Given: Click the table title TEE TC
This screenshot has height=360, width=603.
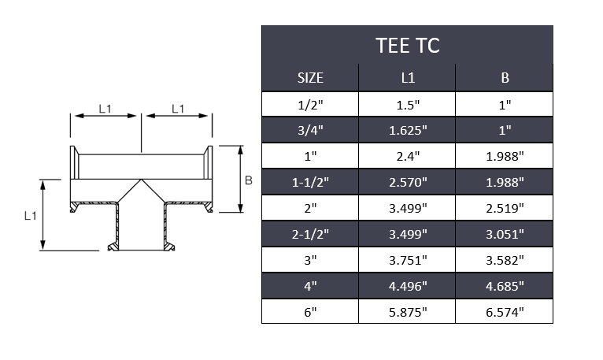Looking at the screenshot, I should pyautogui.click(x=407, y=46).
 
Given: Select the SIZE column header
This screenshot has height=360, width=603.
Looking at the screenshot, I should pyautogui.click(x=310, y=79).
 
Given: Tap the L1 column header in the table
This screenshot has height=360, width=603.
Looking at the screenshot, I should pyautogui.click(x=407, y=79).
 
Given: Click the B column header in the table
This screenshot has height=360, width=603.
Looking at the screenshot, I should pyautogui.click(x=505, y=79).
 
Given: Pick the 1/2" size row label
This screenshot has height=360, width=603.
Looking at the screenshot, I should pyautogui.click(x=310, y=104).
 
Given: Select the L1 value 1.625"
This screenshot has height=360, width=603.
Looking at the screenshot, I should pyautogui.click(x=407, y=129).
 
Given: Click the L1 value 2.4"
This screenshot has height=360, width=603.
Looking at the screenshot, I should pyautogui.click(x=407, y=156).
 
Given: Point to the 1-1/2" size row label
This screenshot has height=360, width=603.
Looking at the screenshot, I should pyautogui.click(x=310, y=182).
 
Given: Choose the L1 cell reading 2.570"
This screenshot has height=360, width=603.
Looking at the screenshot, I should pyautogui.click(x=407, y=182).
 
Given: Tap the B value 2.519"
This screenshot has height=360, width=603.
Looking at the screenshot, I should pyautogui.click(x=505, y=208).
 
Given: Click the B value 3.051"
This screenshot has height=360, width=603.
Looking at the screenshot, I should pyautogui.click(x=505, y=234).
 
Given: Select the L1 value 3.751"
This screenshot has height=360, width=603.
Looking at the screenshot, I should pyautogui.click(x=407, y=260).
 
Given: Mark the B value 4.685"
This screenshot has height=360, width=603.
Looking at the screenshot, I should pyautogui.click(x=505, y=286).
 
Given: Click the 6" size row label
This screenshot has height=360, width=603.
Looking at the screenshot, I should pyautogui.click(x=310, y=312).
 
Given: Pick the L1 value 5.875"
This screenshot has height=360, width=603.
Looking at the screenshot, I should pyautogui.click(x=407, y=312).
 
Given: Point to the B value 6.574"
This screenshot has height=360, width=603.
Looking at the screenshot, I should pyautogui.click(x=505, y=312).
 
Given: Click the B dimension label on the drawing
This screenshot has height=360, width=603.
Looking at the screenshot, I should pyautogui.click(x=248, y=180).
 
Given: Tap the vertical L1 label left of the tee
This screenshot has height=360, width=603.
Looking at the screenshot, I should pyautogui.click(x=29, y=214).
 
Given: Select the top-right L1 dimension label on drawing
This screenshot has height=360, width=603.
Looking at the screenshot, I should pyautogui.click(x=178, y=109).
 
